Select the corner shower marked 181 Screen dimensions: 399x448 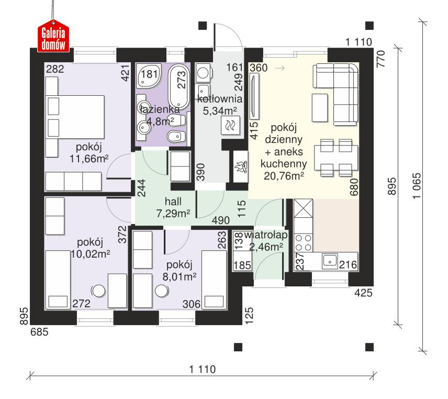[x=147, y=75]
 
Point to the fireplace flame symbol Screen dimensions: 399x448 [x=240, y=167]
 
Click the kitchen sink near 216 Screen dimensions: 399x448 [x=330, y=260]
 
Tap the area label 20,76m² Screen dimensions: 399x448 [x=284, y=176]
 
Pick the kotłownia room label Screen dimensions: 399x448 [x=219, y=98]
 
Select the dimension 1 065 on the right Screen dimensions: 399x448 [x=417, y=186]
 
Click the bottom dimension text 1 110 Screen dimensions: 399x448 [x=202, y=369]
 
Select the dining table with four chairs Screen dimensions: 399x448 [x=335, y=157]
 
